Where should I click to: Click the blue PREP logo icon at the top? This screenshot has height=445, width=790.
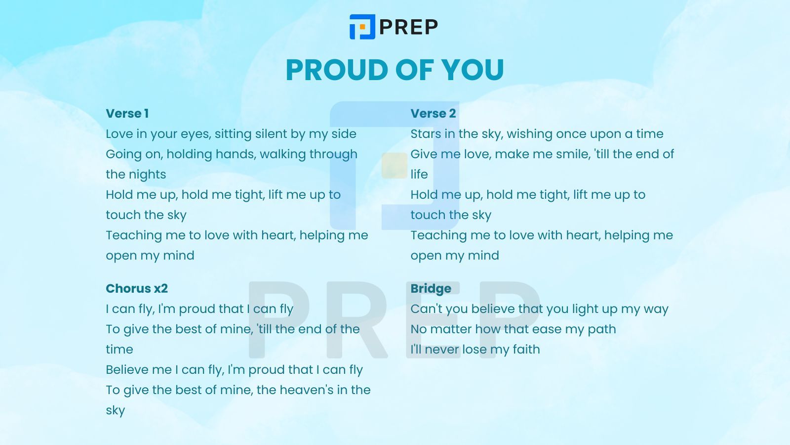tap(362, 27)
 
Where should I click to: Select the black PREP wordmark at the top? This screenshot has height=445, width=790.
tap(409, 27)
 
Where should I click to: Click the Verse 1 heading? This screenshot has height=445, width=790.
tap(127, 113)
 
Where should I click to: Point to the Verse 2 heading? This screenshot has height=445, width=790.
tap(433, 113)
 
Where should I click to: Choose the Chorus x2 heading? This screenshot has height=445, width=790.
tap(137, 289)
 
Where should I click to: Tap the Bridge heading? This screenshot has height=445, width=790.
tap(431, 289)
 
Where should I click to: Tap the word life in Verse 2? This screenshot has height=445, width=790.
tap(419, 175)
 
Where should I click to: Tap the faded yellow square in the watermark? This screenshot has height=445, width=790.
tap(395, 165)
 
